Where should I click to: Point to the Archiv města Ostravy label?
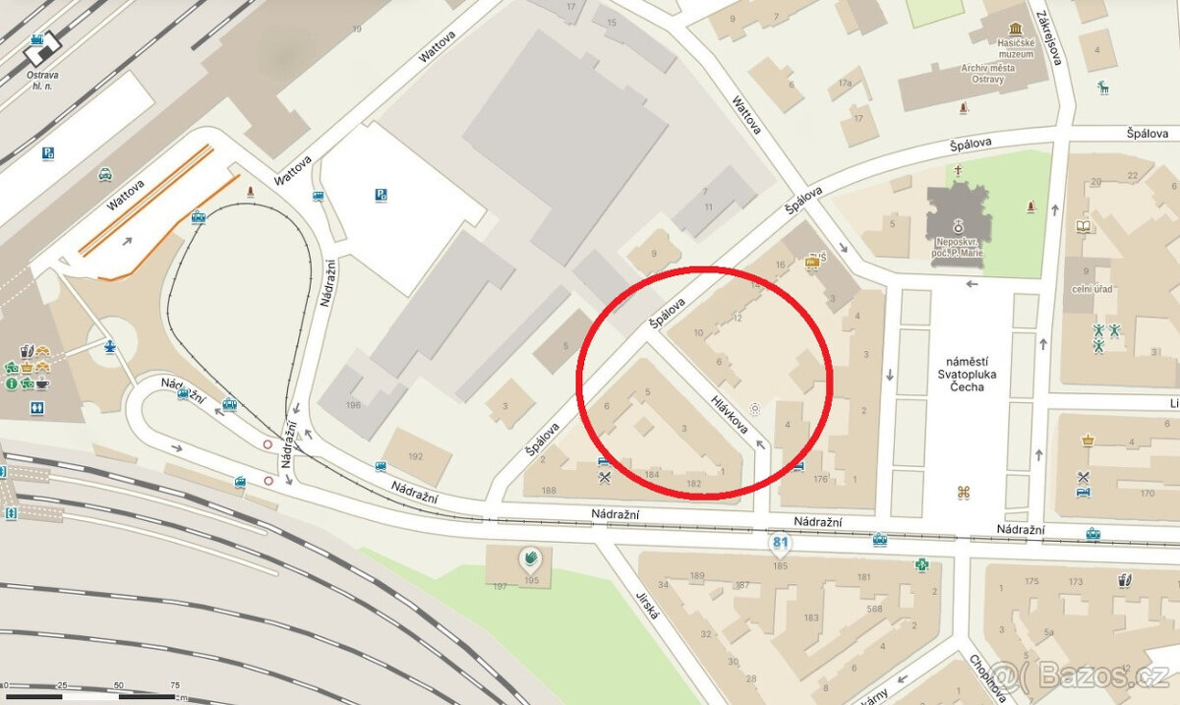[x=996, y=74]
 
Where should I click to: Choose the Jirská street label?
[x=647, y=598]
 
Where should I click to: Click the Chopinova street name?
[x=987, y=679]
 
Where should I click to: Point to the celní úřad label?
[x=1093, y=289]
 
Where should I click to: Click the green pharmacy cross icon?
[x=922, y=565]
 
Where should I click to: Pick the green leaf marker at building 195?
[x=531, y=560]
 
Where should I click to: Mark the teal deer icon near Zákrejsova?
[x=1104, y=88]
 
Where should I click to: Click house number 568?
[x=874, y=608]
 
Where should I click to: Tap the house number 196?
[x=353, y=404]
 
